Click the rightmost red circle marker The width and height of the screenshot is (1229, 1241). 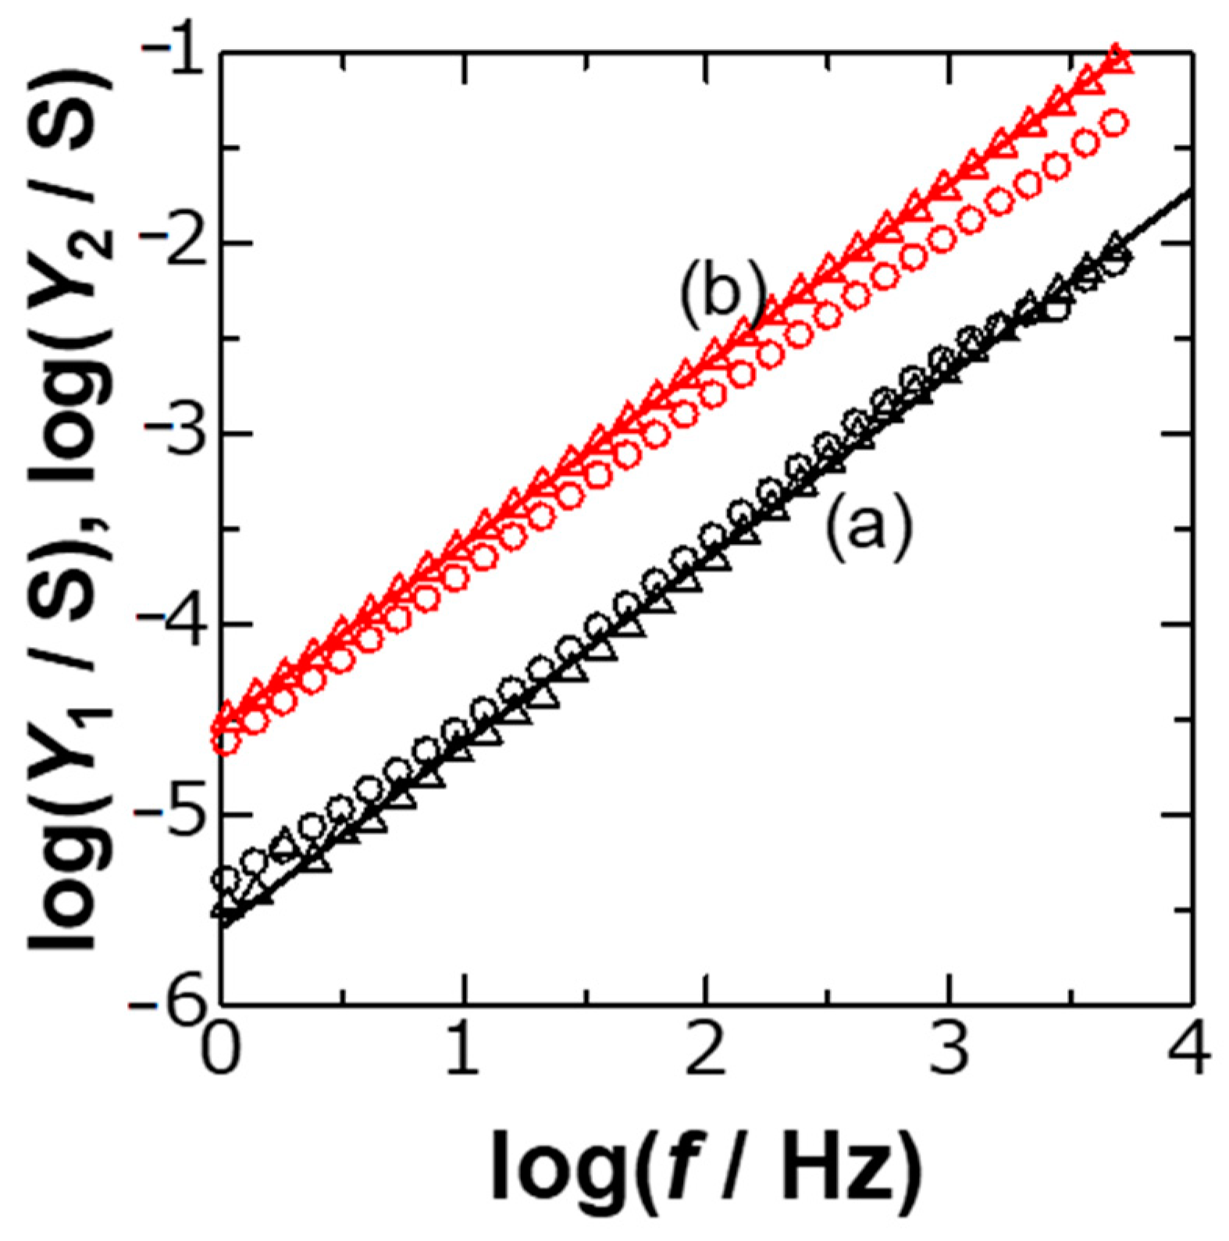1115,123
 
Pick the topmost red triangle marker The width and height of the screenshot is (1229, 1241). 1118,61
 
